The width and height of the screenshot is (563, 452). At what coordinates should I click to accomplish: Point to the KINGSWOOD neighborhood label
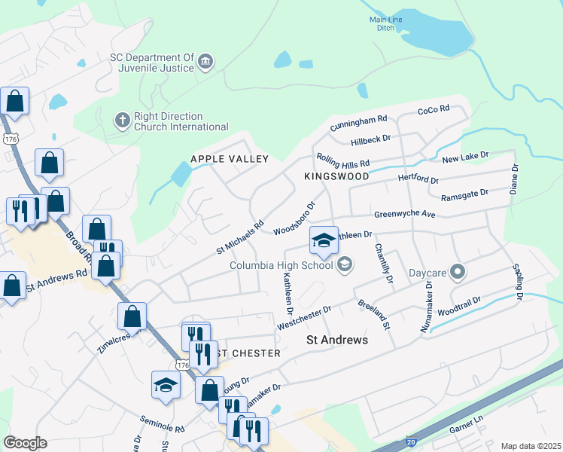point(336,176)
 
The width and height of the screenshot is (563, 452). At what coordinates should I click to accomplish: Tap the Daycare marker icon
point(458,272)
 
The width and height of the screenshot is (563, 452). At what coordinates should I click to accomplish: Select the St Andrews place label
point(338,341)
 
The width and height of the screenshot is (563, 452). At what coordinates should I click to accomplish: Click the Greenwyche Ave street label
point(405,215)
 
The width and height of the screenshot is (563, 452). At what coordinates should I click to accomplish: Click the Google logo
point(25,443)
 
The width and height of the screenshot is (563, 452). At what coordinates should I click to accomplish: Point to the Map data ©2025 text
point(530,446)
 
